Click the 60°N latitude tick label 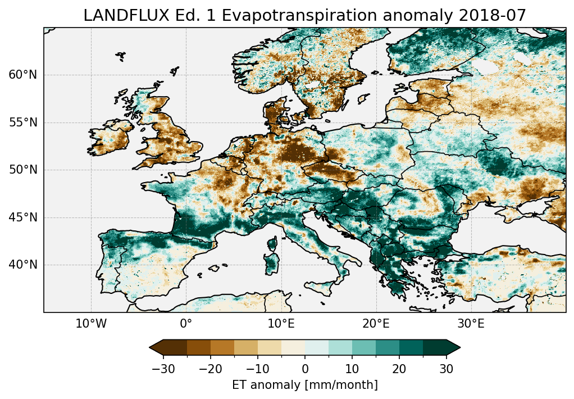coord(23,75)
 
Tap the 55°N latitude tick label coord(23,123)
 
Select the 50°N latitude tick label coord(23,170)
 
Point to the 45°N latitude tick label coord(23,217)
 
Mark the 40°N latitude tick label coord(23,265)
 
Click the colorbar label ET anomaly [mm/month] coord(305,385)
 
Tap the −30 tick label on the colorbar coord(163,369)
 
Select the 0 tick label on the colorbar coord(305,369)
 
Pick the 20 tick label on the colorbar coord(399,369)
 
